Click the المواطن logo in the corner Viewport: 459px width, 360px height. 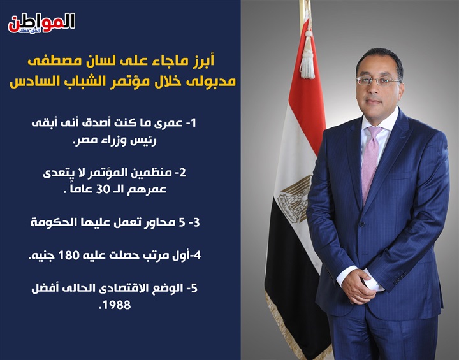pos(41,23)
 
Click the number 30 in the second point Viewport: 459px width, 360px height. pos(103,189)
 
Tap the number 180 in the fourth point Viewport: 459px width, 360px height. pos(69,256)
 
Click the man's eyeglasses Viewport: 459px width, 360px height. pos(377,81)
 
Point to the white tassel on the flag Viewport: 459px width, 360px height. pos(307,55)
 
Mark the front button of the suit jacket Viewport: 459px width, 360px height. pos(362,224)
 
